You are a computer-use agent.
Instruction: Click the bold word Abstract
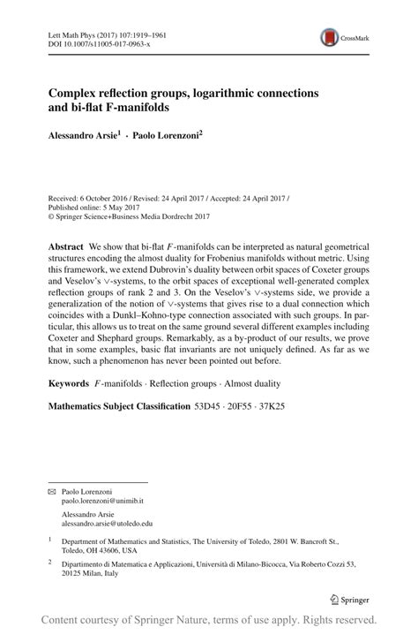tap(65, 246)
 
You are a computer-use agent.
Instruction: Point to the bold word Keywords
tap(69, 385)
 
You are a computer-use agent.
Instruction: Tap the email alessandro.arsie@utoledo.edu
tap(102, 523)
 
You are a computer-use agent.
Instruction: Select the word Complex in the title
tap(74, 93)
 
